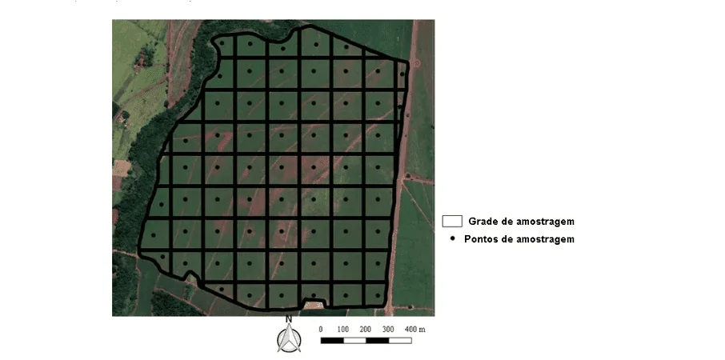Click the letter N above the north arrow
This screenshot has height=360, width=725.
(288, 319)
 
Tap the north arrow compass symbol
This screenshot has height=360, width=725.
(288, 339)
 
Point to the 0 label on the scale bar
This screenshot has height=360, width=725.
(321, 330)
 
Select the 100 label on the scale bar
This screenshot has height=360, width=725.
(343, 330)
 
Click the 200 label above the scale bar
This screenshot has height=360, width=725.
(366, 330)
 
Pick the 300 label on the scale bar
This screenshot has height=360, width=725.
(388, 330)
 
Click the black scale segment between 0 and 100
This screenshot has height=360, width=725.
(332, 341)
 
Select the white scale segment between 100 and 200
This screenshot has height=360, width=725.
(354, 341)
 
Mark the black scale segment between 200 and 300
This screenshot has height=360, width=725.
(377, 341)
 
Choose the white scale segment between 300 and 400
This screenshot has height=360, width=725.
(400, 341)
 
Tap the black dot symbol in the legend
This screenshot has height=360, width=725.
(453, 238)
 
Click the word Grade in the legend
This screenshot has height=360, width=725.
(483, 221)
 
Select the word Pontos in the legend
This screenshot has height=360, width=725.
(485, 239)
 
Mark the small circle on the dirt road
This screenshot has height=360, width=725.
(415, 62)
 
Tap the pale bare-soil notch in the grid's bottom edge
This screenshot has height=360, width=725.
(313, 304)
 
